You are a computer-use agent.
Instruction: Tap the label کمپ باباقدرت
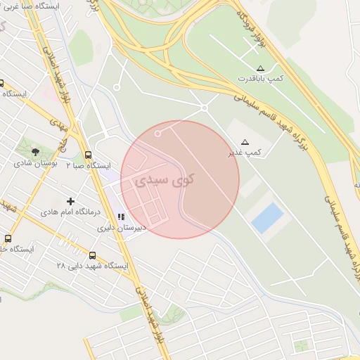[260, 79]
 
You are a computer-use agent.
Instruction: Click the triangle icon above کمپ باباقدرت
[260, 68]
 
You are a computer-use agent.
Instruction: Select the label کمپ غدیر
[245, 152]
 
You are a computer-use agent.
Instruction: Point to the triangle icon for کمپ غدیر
[245, 141]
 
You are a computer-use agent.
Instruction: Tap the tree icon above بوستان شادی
[35, 151]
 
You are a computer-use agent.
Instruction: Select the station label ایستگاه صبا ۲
[89, 166]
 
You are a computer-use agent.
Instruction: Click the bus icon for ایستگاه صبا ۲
[88, 155]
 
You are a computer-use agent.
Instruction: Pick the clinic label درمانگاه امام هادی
[70, 212]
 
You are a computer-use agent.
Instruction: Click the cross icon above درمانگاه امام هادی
[70, 201]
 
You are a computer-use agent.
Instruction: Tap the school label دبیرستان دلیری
[121, 227]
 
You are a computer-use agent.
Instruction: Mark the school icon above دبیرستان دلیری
[121, 217]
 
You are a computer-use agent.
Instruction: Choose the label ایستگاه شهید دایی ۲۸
[92, 266]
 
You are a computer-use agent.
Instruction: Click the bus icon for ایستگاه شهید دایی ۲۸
[93, 255]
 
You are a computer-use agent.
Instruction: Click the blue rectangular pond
[267, 218]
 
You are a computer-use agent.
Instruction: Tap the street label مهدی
[58, 126]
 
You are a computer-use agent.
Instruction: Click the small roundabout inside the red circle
[158, 133]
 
